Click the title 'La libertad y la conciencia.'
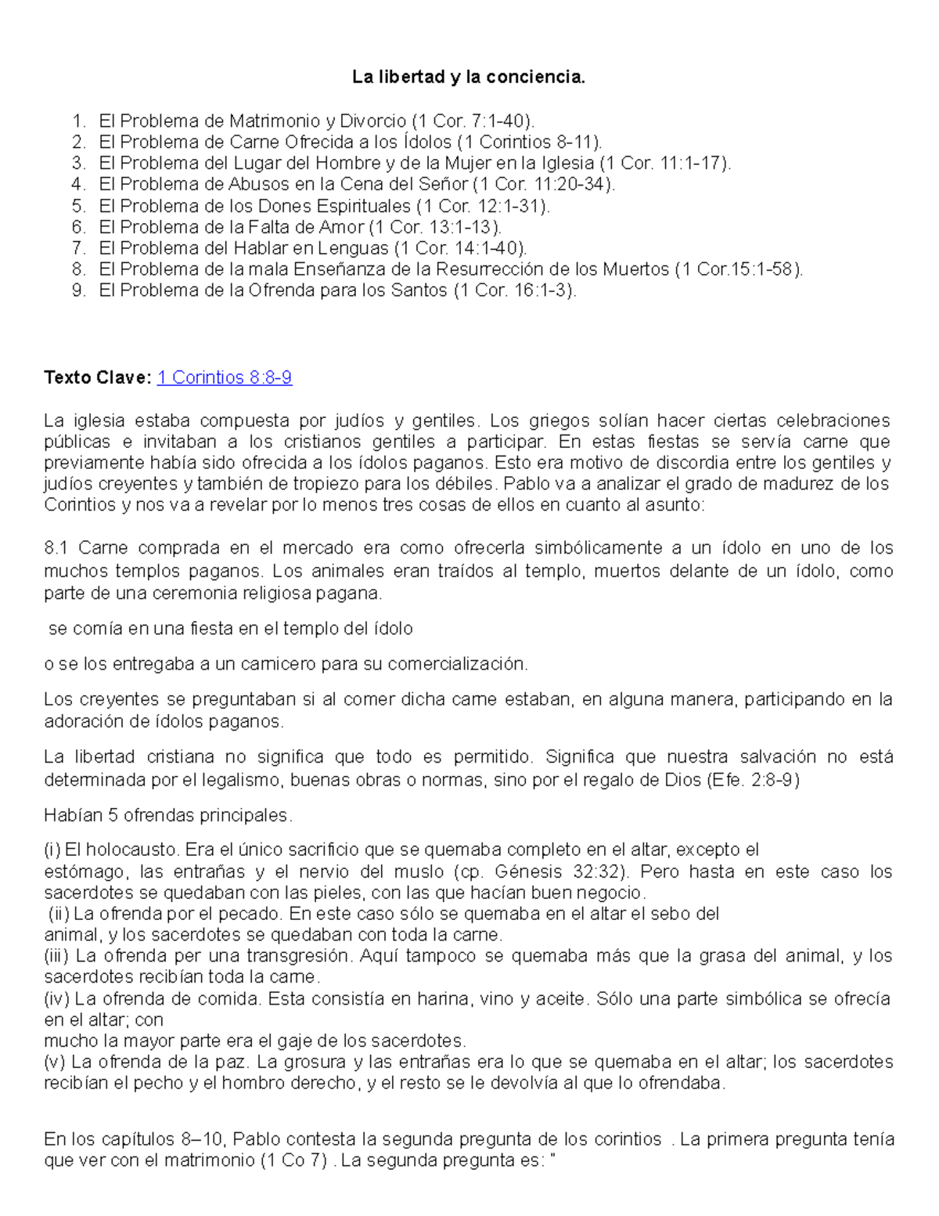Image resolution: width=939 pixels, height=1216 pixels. click(x=468, y=78)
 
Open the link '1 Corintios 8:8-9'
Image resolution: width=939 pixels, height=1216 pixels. click(x=225, y=377)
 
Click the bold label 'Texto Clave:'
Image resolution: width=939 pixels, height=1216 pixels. click(x=98, y=377)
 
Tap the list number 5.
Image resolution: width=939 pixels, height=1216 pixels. click(x=77, y=206)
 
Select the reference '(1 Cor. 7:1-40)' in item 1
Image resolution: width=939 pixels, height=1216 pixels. click(x=473, y=121)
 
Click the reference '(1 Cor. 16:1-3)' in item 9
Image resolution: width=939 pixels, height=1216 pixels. click(x=514, y=290)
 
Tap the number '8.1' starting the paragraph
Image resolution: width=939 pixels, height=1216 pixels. click(x=57, y=548)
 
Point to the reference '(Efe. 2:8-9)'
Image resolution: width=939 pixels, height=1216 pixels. click(x=752, y=781)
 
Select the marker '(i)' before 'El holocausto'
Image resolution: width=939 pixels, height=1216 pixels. click(x=52, y=850)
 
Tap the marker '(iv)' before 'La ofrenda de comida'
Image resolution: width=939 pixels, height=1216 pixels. click(x=56, y=999)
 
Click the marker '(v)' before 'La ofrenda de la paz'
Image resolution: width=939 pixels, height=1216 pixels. click(x=55, y=1063)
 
